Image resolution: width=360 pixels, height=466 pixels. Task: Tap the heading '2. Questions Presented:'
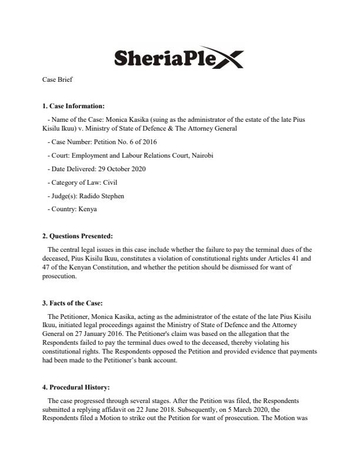pyautogui.click(x=77, y=236)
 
